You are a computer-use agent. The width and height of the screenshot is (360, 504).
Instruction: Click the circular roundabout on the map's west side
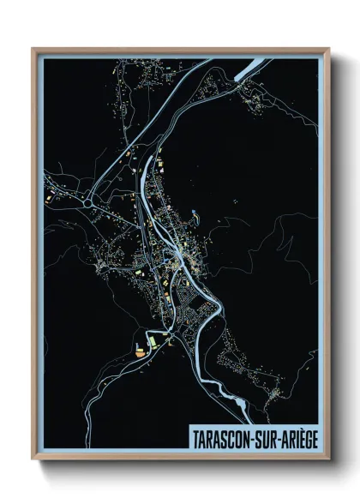coord(88,202)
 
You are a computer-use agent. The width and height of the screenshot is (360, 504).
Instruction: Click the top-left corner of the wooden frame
coord(33,49)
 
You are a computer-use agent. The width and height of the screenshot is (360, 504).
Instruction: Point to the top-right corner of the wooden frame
coord(329,49)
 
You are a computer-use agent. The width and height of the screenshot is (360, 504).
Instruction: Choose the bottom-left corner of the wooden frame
coord(33,459)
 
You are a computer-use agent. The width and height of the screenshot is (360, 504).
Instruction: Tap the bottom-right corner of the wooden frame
coord(329,459)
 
